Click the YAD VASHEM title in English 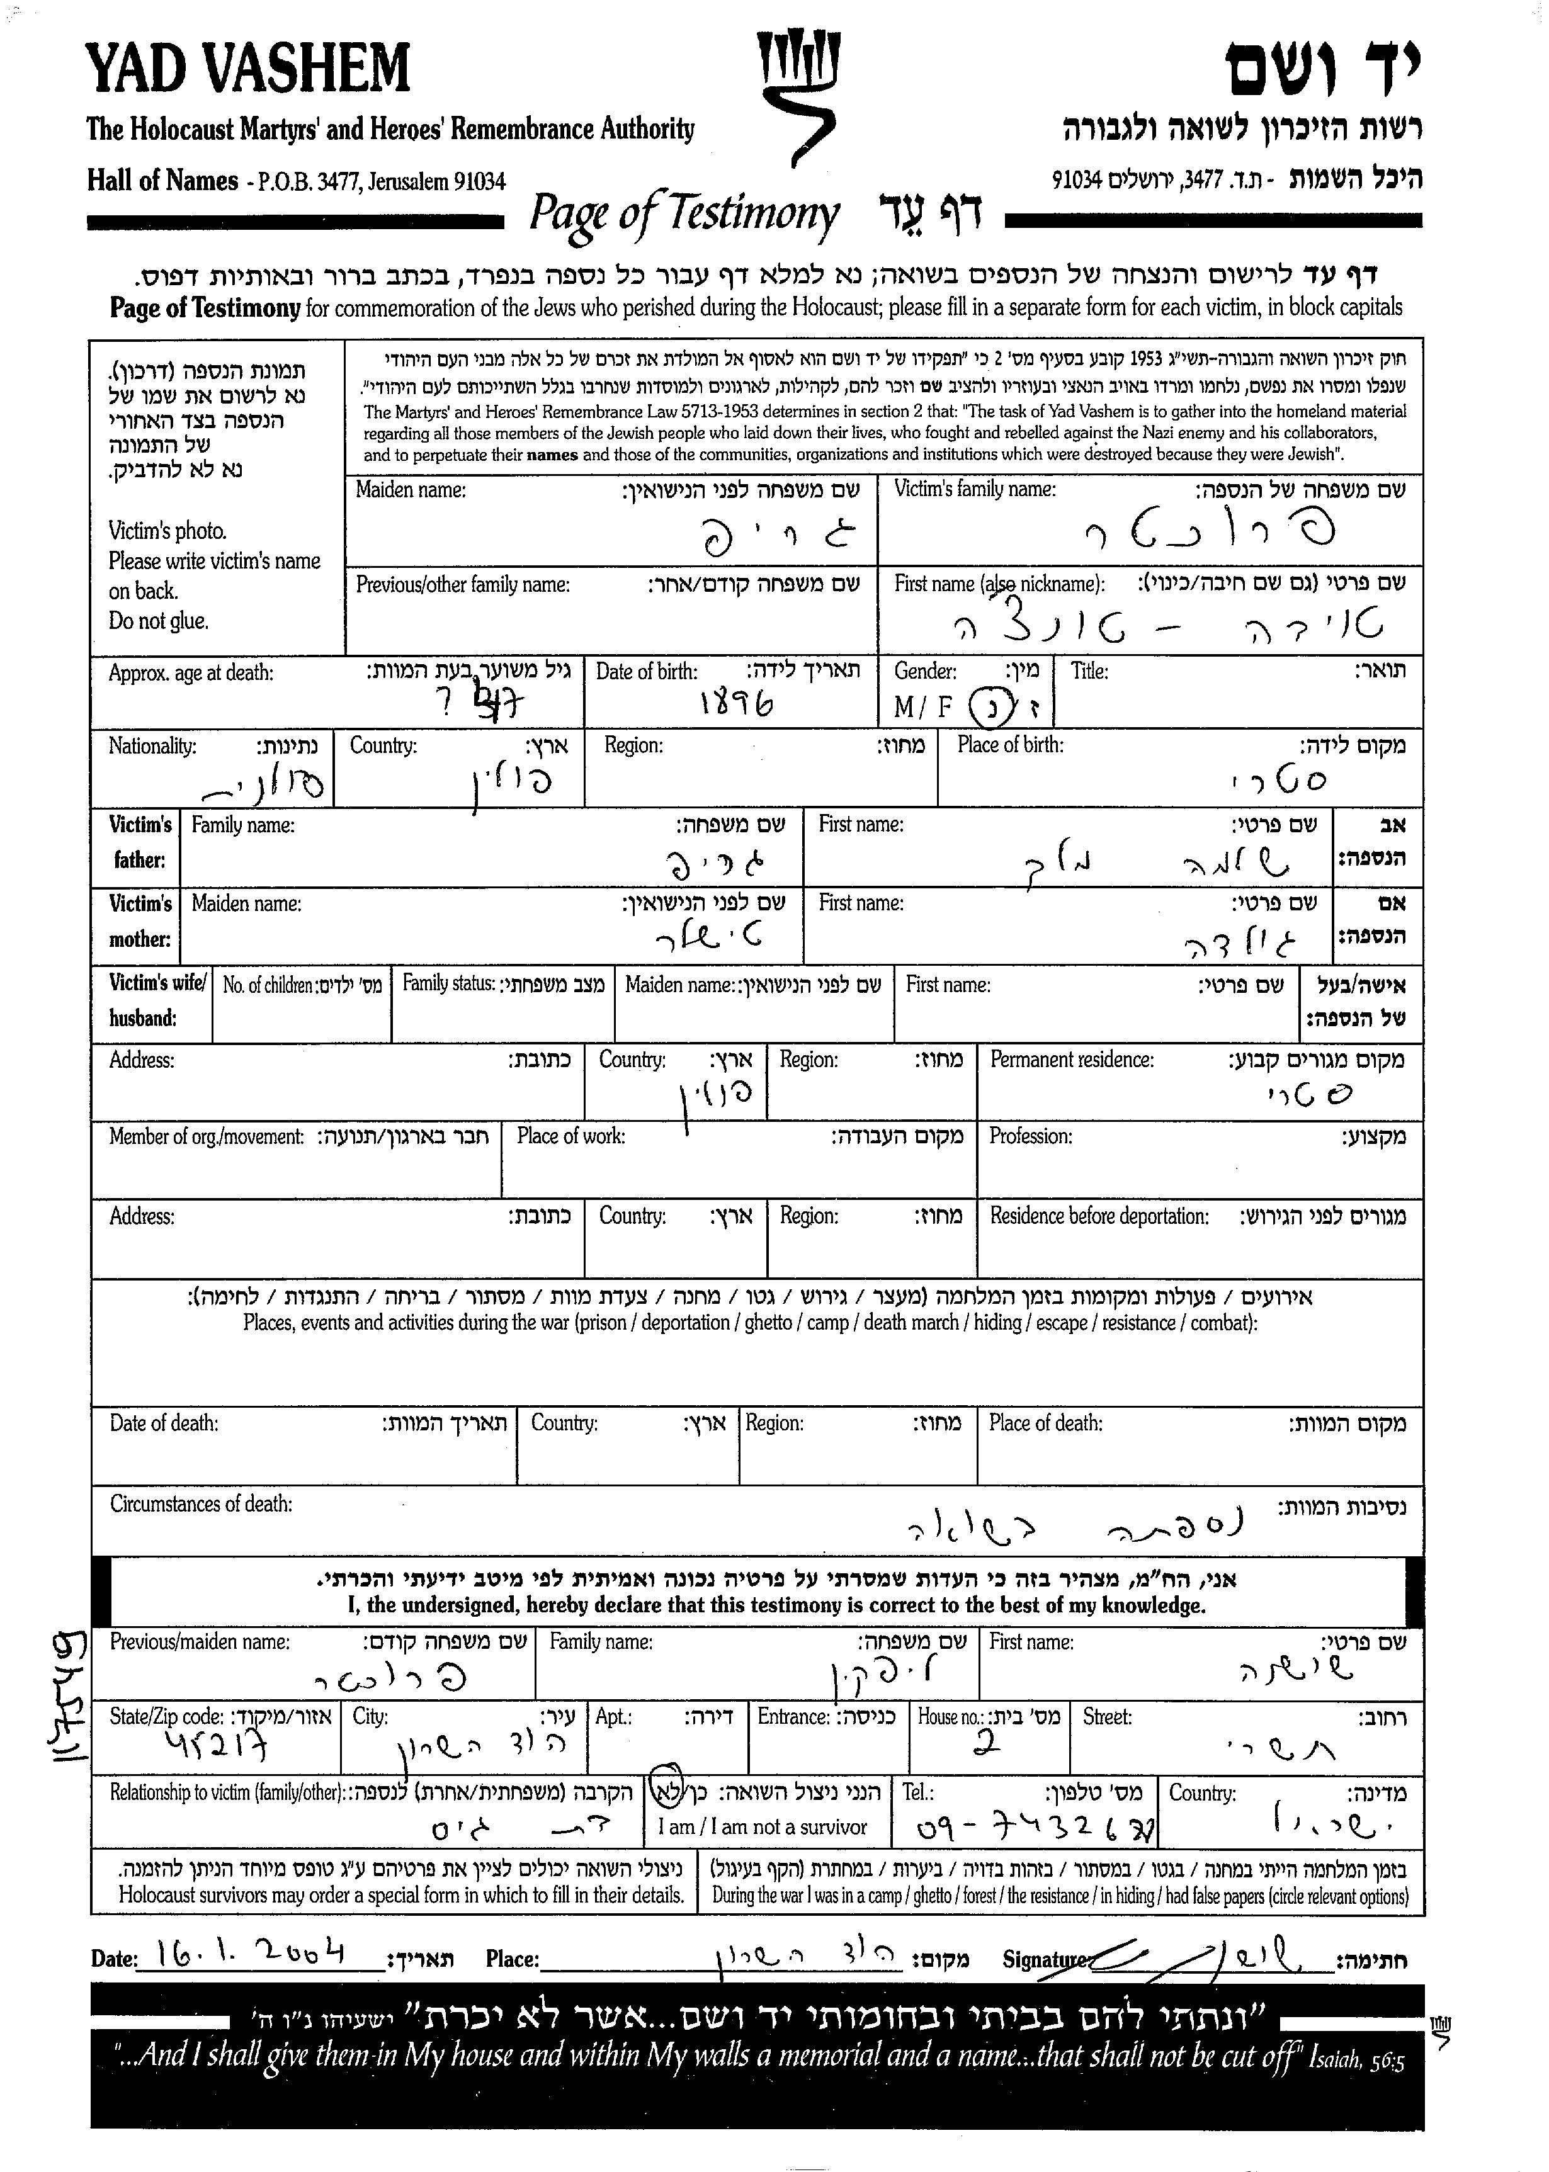pos(248,69)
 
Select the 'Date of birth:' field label pos(647,671)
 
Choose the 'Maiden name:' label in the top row pos(410,490)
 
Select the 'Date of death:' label pos(164,1423)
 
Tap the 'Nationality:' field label pos(152,745)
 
